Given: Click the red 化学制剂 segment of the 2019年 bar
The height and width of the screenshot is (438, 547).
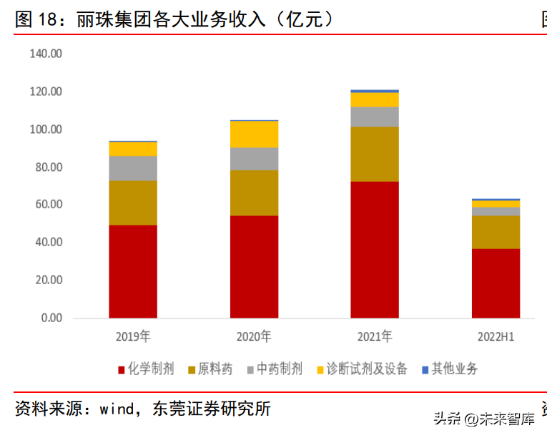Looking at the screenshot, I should tap(133, 271).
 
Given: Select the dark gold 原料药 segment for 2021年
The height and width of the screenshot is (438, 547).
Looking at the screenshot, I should tap(375, 154).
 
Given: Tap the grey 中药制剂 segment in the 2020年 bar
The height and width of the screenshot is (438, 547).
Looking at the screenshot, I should tap(254, 159).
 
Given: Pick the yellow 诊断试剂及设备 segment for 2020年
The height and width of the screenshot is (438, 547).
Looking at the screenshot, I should tap(254, 135).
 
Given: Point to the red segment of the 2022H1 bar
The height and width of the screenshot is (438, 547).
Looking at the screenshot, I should tap(496, 283).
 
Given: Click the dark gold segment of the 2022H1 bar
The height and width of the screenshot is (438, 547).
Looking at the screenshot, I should tap(496, 232).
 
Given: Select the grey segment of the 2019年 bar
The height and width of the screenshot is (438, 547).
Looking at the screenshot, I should tap(133, 168).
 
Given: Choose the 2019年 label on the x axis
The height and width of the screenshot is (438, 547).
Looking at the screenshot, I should tap(133, 336).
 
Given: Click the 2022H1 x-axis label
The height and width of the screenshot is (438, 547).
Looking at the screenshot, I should tap(496, 336).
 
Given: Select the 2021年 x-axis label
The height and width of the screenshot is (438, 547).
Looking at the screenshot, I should tap(375, 336).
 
